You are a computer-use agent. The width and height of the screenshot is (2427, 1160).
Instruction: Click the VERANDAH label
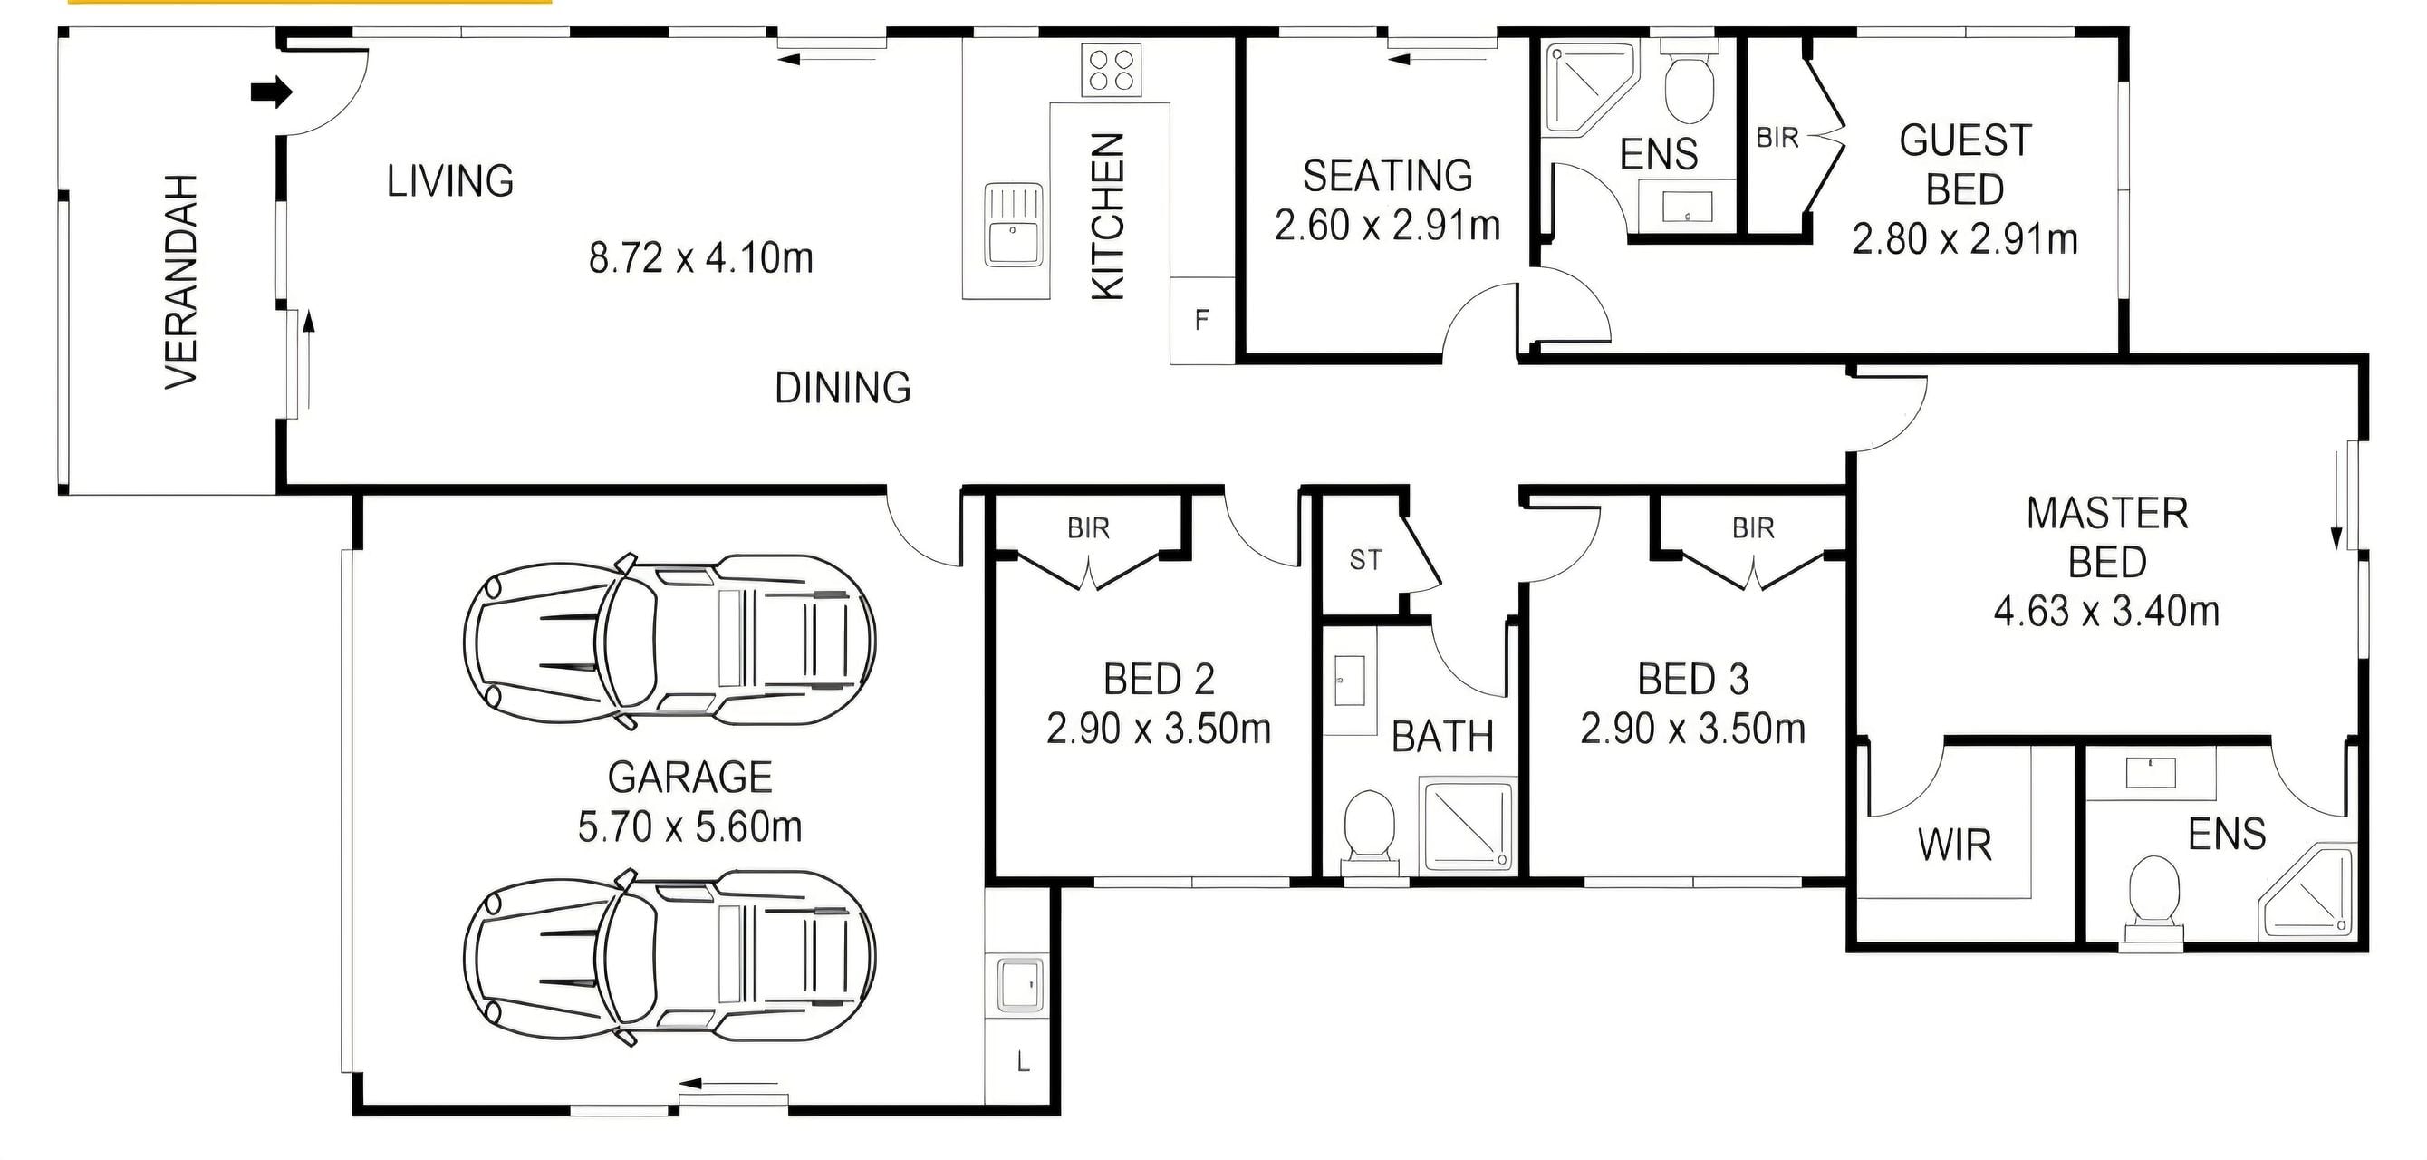(x=182, y=281)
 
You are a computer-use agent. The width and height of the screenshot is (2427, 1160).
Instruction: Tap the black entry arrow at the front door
(x=273, y=92)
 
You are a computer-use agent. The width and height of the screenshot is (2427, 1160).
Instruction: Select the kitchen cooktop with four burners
(x=1111, y=70)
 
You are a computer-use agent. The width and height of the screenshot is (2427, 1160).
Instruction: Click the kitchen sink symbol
(x=1014, y=224)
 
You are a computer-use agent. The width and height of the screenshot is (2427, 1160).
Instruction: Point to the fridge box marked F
(x=1202, y=321)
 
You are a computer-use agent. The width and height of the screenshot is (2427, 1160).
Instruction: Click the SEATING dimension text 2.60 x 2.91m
(x=1387, y=226)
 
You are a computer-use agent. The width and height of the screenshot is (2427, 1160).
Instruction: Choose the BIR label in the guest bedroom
(x=1777, y=138)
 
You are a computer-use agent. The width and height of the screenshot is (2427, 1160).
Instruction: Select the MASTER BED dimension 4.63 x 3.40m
(x=2106, y=612)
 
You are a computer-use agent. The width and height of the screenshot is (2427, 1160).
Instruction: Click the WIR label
(x=1955, y=846)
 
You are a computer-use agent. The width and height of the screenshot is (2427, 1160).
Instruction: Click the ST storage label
(x=1365, y=561)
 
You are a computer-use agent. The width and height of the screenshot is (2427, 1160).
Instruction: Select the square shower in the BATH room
(x=1468, y=824)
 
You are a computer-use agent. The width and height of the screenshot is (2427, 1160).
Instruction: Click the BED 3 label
(x=1692, y=680)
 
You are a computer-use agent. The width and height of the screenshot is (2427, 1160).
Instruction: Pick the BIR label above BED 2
(x=1088, y=528)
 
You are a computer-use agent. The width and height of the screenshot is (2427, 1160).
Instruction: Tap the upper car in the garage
(x=669, y=641)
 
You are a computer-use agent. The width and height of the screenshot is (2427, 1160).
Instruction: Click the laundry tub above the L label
(x=1018, y=985)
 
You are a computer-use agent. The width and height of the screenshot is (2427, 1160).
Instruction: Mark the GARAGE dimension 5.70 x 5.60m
(x=689, y=827)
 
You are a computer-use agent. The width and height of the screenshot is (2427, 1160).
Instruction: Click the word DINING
(x=843, y=388)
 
